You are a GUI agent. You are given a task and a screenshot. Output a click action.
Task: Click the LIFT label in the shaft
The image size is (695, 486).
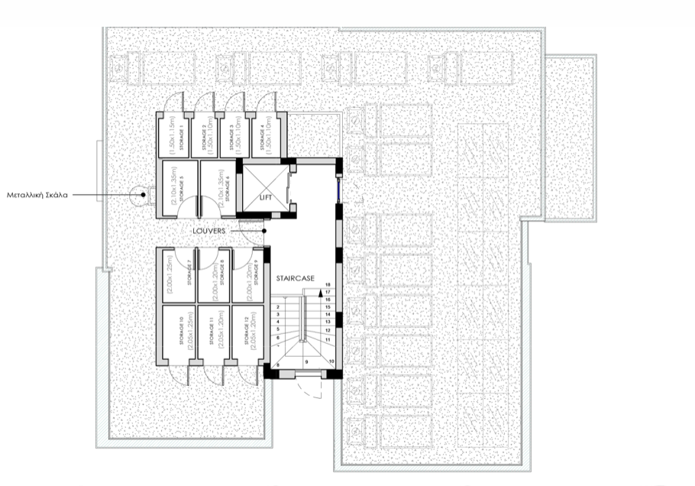[x=266, y=197]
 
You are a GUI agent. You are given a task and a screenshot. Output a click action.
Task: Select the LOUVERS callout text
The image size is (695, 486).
[x=208, y=230]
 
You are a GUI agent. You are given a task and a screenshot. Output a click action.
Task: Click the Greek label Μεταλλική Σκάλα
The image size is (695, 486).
[x=38, y=195]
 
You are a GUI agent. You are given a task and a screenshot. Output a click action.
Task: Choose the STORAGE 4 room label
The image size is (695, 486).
[x=261, y=137]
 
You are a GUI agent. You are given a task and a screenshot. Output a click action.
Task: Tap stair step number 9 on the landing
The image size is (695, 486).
[x=306, y=361]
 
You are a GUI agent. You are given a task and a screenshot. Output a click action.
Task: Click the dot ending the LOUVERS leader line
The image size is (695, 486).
[x=263, y=230]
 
